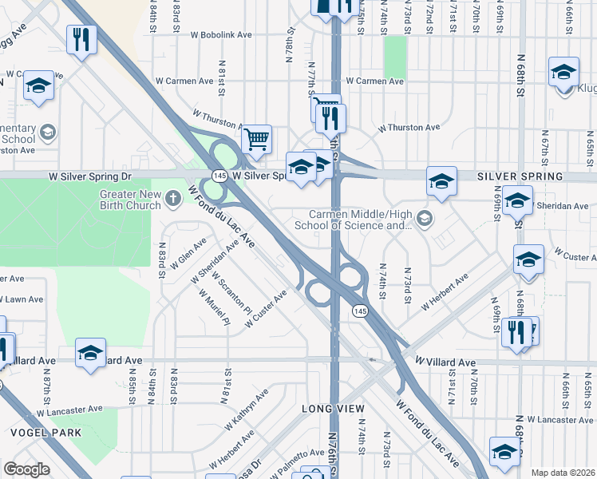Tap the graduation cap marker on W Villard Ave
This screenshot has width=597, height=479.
pyautogui.click(x=91, y=352)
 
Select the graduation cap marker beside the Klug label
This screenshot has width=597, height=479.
pyautogui.click(x=563, y=72)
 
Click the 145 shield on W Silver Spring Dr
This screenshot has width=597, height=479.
pyautogui.click(x=219, y=175)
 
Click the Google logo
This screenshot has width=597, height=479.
pyautogui.click(x=26, y=469)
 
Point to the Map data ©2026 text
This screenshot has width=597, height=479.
pyautogui.click(x=563, y=473)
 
